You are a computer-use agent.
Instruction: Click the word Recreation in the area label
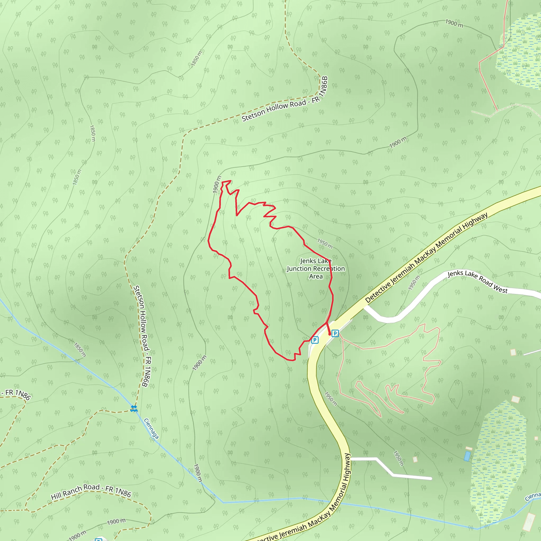click(331, 269)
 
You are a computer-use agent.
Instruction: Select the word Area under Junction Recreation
click(316, 276)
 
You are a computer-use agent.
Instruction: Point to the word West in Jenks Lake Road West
click(500, 289)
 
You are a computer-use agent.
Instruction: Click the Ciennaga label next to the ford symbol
click(151, 428)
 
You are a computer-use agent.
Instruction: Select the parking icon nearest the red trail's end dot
click(335, 333)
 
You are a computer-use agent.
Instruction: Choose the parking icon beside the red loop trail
click(315, 340)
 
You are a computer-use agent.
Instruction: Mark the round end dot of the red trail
click(329, 334)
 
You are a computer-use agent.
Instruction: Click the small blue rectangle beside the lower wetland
click(467, 456)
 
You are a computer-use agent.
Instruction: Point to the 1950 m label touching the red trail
click(325, 244)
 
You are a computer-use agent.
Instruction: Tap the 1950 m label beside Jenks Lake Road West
click(414, 283)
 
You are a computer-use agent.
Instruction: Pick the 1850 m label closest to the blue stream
click(80, 350)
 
